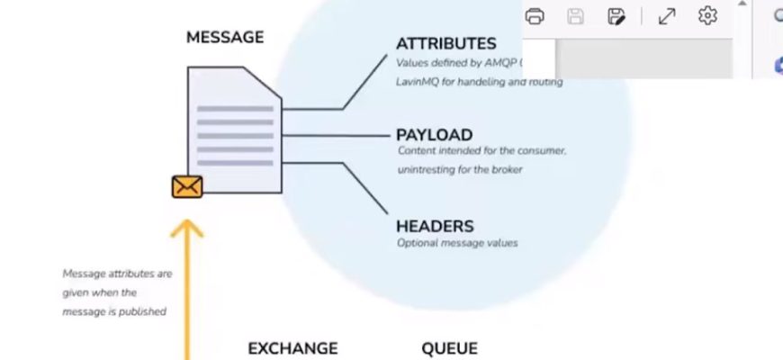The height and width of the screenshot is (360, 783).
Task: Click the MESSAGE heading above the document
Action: pyautogui.click(x=225, y=38)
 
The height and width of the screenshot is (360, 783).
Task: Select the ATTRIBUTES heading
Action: pyautogui.click(x=445, y=43)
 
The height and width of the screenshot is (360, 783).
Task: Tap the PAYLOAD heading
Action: pyautogui.click(x=434, y=135)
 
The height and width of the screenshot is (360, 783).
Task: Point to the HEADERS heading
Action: pyautogui.click(x=435, y=226)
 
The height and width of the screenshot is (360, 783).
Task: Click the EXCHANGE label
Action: pyautogui.click(x=292, y=348)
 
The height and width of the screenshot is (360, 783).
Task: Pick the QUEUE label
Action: pyautogui.click(x=449, y=348)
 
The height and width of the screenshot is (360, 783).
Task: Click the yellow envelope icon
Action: pyautogui.click(x=187, y=186)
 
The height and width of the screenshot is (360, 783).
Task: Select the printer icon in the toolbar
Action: pyautogui.click(x=535, y=16)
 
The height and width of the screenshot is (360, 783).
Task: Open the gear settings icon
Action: pyautogui.click(x=707, y=16)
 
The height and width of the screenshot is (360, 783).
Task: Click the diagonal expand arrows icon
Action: pyautogui.click(x=667, y=16)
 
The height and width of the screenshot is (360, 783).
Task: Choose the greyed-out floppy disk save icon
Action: pyautogui.click(x=576, y=16)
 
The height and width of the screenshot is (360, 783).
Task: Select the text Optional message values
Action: pyautogui.click(x=457, y=243)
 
